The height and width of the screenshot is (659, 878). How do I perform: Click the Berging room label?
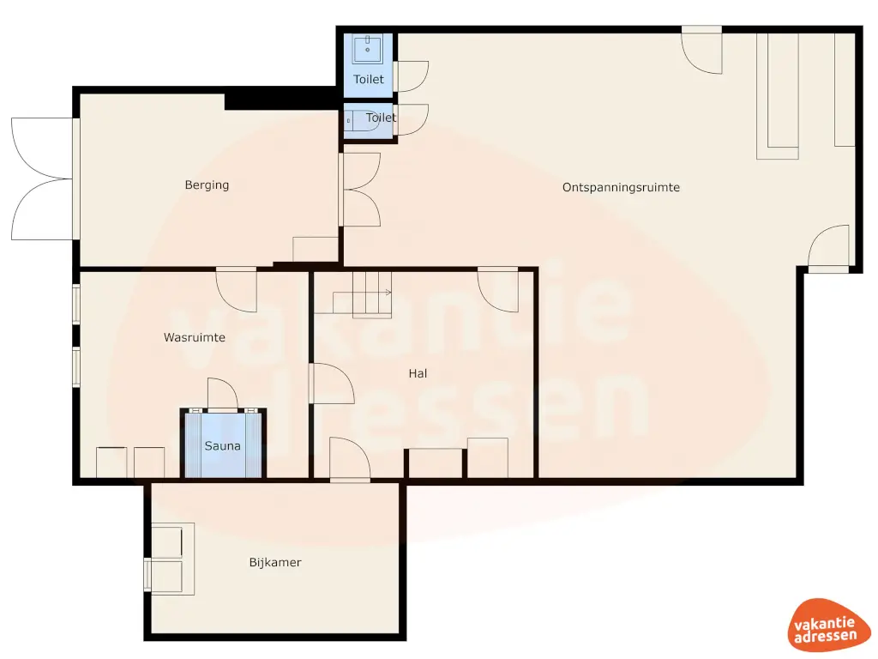coord(207,184)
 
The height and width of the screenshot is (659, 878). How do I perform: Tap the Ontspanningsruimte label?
coord(621,187)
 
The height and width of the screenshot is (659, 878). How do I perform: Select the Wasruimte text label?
coord(195,337)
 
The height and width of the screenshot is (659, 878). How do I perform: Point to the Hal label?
coord(418,373)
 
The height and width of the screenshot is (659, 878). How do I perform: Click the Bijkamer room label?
coord(275,563)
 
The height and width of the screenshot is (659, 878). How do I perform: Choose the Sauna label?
coord(222,446)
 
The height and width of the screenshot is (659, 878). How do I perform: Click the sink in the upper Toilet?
coord(369,48)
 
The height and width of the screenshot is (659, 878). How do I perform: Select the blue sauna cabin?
coord(223,443)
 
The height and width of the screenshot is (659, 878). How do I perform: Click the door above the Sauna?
coord(222,396)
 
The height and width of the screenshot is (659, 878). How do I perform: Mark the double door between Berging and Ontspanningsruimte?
coord(360,190)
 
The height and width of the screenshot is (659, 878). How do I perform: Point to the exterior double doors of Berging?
coord(41,178)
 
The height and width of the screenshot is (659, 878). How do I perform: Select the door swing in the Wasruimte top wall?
coord(237,289)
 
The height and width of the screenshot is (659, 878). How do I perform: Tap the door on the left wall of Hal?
coord(331,384)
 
